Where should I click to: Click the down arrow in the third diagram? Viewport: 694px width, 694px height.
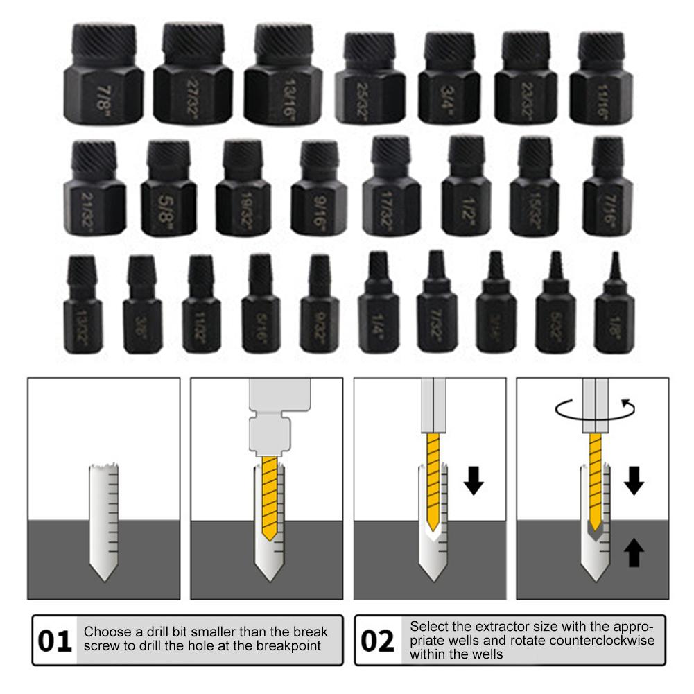[474, 480]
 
